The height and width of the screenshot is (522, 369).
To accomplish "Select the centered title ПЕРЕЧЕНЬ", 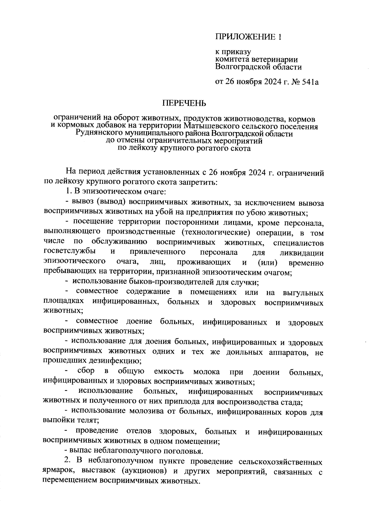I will pyautogui.click(x=184, y=103).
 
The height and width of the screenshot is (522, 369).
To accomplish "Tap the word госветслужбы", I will pyautogui.click(x=69, y=251).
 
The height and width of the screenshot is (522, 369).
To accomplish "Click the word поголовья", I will pyautogui.click(x=184, y=451).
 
